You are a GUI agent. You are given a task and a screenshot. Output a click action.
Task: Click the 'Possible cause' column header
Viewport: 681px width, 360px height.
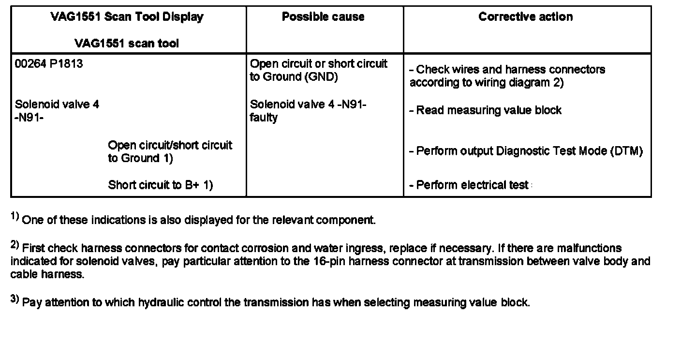coord(323,17)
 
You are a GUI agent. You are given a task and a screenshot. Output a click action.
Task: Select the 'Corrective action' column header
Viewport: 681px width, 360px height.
coord(526,17)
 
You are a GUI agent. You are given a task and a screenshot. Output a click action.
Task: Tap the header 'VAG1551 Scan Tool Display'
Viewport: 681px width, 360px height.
coord(127,17)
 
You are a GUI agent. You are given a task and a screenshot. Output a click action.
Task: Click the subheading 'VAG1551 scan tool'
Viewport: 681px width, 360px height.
coord(127,44)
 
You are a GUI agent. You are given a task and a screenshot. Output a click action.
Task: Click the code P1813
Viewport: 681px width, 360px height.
coord(66,64)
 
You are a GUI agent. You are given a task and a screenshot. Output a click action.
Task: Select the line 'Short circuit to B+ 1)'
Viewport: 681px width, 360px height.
coord(160,185)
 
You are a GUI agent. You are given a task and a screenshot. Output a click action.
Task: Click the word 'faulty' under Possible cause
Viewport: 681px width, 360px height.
coord(264,118)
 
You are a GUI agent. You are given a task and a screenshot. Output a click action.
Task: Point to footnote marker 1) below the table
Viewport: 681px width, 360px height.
coord(15,218)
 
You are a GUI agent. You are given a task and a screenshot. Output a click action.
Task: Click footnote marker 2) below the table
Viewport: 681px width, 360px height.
coord(15,246)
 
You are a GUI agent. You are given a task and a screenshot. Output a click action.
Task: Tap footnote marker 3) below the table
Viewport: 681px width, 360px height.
coord(15,300)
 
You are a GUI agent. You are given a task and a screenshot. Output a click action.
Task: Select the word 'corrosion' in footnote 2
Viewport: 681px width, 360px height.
coord(263,249)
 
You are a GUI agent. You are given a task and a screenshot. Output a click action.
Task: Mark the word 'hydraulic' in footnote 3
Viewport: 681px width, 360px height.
coord(162,303)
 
